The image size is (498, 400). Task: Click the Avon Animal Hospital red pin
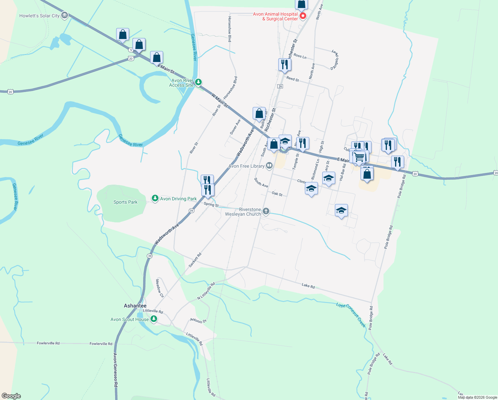pos(303,16)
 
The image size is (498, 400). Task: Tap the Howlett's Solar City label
pos(39,16)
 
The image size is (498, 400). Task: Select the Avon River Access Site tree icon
pos(198,82)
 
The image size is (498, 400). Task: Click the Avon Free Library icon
pos(269,166)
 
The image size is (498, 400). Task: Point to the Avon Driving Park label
pos(178,199)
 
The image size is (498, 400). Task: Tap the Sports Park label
pos(125,202)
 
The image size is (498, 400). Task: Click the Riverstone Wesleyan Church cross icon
pos(266,211)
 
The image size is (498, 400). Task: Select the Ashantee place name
pos(135,306)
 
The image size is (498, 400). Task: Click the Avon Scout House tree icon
pos(153,319)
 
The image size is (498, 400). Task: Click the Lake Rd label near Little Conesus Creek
pos(308,285)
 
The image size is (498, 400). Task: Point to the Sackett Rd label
pos(195,260)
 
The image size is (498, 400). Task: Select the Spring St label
pos(211,204)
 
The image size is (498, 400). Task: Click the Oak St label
pos(277,194)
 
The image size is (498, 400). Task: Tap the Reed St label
pos(293,79)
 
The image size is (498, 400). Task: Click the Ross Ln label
pos(300,56)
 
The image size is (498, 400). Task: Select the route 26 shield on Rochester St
pos(280,86)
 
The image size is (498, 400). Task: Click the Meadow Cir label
pos(160,288)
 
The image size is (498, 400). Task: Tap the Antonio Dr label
pos(198,321)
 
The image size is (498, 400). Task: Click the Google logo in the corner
pos(11,396)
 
